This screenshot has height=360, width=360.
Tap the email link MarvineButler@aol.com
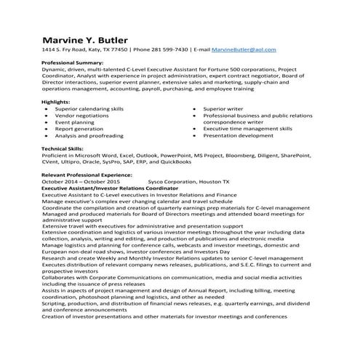(243, 49)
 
